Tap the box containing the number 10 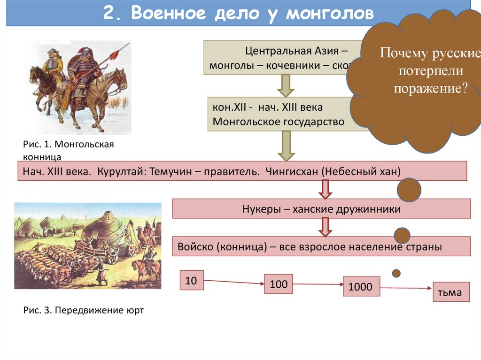(x=191, y=281)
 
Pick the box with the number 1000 (x=361, y=287)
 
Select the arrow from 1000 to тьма (x=406, y=289)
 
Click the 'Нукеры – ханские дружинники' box (x=321, y=209)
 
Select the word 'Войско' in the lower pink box (x=196, y=247)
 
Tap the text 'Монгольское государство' (x=279, y=122)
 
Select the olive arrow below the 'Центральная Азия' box (x=285, y=85)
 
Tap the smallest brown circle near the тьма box (x=396, y=273)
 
